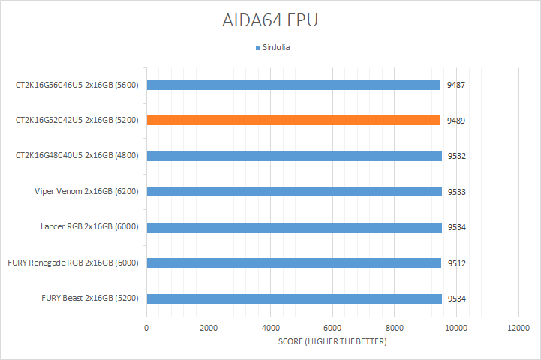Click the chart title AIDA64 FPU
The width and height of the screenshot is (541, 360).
tap(270, 20)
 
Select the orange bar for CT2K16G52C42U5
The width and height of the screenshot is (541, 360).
tap(293, 120)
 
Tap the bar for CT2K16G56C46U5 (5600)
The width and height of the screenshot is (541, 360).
tap(293, 85)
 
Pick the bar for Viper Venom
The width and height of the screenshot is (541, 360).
tap(294, 191)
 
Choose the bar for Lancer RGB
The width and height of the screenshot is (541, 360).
tap(294, 226)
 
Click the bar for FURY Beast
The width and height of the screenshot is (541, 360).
tap(294, 298)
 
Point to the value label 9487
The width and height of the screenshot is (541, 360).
tap(455, 85)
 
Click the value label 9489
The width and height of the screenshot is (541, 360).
tap(455, 120)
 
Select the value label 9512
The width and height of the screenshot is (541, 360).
tap(455, 262)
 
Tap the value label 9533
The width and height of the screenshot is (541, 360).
tap(455, 191)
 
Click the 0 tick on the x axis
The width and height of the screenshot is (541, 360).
tap(146, 328)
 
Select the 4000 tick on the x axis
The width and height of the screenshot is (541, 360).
tap(270, 328)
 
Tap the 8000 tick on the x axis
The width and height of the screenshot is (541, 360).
tap(395, 328)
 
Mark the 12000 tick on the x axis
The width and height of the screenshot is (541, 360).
tap(518, 328)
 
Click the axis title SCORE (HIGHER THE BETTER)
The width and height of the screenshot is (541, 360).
tap(332, 342)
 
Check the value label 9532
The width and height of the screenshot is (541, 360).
tap(455, 156)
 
